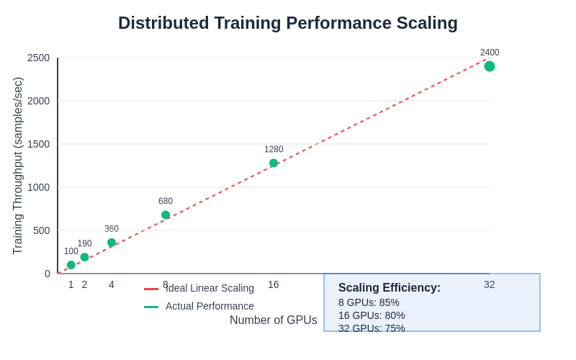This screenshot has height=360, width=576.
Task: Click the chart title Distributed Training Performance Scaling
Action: (288, 23)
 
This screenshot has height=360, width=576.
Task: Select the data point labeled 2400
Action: (490, 66)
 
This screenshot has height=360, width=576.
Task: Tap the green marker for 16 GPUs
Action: (274, 163)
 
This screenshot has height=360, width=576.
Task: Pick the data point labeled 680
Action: (166, 215)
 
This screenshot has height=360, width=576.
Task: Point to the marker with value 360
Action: (112, 243)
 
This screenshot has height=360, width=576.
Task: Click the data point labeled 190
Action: (84, 257)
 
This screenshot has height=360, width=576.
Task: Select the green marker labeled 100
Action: (71, 265)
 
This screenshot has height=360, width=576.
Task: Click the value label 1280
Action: (274, 150)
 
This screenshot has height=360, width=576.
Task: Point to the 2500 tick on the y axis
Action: (39, 58)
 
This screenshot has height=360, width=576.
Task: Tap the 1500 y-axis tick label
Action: (39, 144)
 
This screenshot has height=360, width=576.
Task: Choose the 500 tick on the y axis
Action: (42, 230)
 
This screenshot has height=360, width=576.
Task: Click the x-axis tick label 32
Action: (490, 284)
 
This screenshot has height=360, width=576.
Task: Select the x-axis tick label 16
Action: (274, 284)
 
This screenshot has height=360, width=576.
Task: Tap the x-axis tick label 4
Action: (112, 284)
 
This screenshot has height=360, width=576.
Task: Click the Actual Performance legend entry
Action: (210, 306)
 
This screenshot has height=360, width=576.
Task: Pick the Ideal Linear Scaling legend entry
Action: (210, 288)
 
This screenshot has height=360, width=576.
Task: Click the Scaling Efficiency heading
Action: (390, 288)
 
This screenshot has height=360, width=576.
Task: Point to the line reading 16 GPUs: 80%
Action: (372, 315)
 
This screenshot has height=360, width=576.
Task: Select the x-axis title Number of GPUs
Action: (274, 320)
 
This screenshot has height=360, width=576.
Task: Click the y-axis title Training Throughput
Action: (18, 166)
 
